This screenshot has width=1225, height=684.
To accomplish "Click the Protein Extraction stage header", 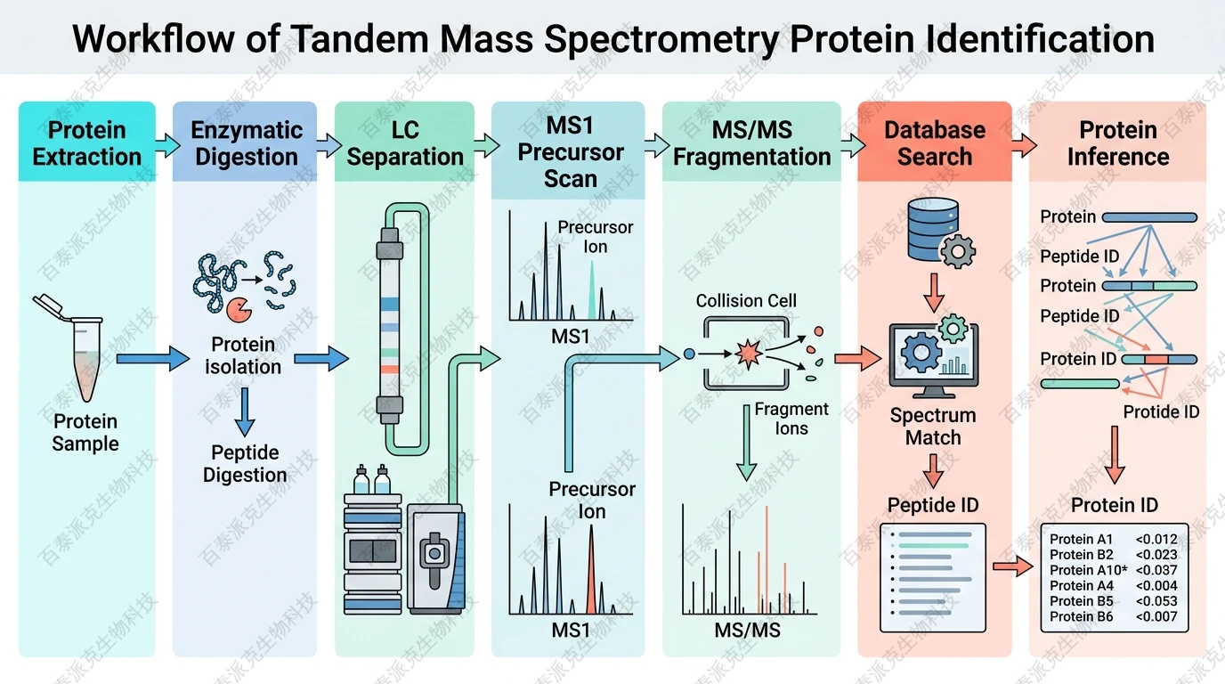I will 86,142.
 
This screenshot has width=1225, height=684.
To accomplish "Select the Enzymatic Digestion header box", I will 245,142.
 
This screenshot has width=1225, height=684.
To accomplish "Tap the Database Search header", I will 934,142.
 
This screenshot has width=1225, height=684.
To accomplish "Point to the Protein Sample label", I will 85,432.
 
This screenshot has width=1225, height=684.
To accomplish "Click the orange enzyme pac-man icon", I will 239,309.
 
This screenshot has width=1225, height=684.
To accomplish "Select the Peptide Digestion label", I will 245,463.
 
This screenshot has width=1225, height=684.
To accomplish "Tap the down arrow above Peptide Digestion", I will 245,411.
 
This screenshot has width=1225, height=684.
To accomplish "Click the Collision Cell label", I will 746,301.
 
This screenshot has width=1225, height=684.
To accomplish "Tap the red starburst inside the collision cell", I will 746,354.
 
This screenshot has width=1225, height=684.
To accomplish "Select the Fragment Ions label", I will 791,419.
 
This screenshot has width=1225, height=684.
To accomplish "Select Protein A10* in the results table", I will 1087,570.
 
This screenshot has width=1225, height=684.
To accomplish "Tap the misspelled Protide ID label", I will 1161,411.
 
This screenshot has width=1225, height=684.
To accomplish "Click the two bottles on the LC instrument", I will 372,481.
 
